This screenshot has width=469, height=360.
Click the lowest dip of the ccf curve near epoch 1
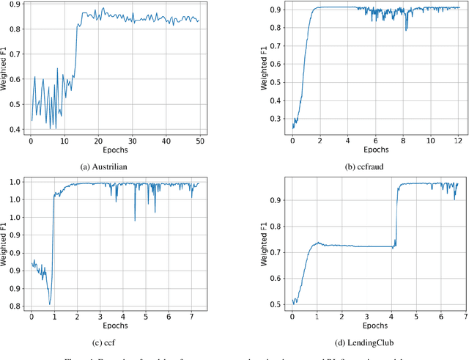pos(50,304)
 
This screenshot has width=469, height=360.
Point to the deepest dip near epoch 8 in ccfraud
pos(406,30)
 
